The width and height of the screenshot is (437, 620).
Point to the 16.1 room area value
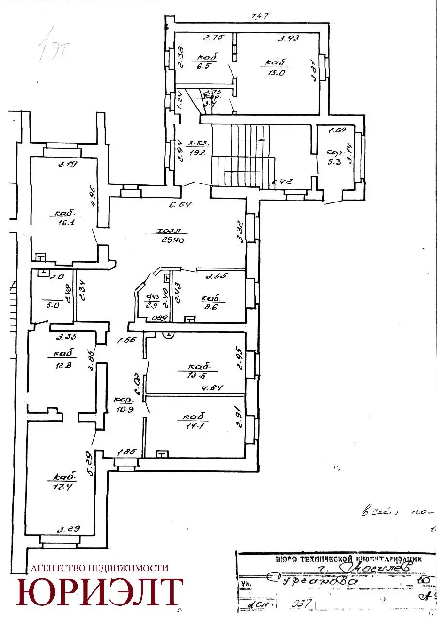64,223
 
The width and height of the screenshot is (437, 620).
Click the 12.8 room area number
63,365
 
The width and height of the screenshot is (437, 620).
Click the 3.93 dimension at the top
286,37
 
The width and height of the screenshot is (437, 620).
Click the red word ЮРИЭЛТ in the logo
100,592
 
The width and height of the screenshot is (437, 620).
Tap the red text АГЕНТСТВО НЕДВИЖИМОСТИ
99,568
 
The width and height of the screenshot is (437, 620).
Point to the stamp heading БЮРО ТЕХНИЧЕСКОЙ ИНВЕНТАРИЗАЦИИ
348,558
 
